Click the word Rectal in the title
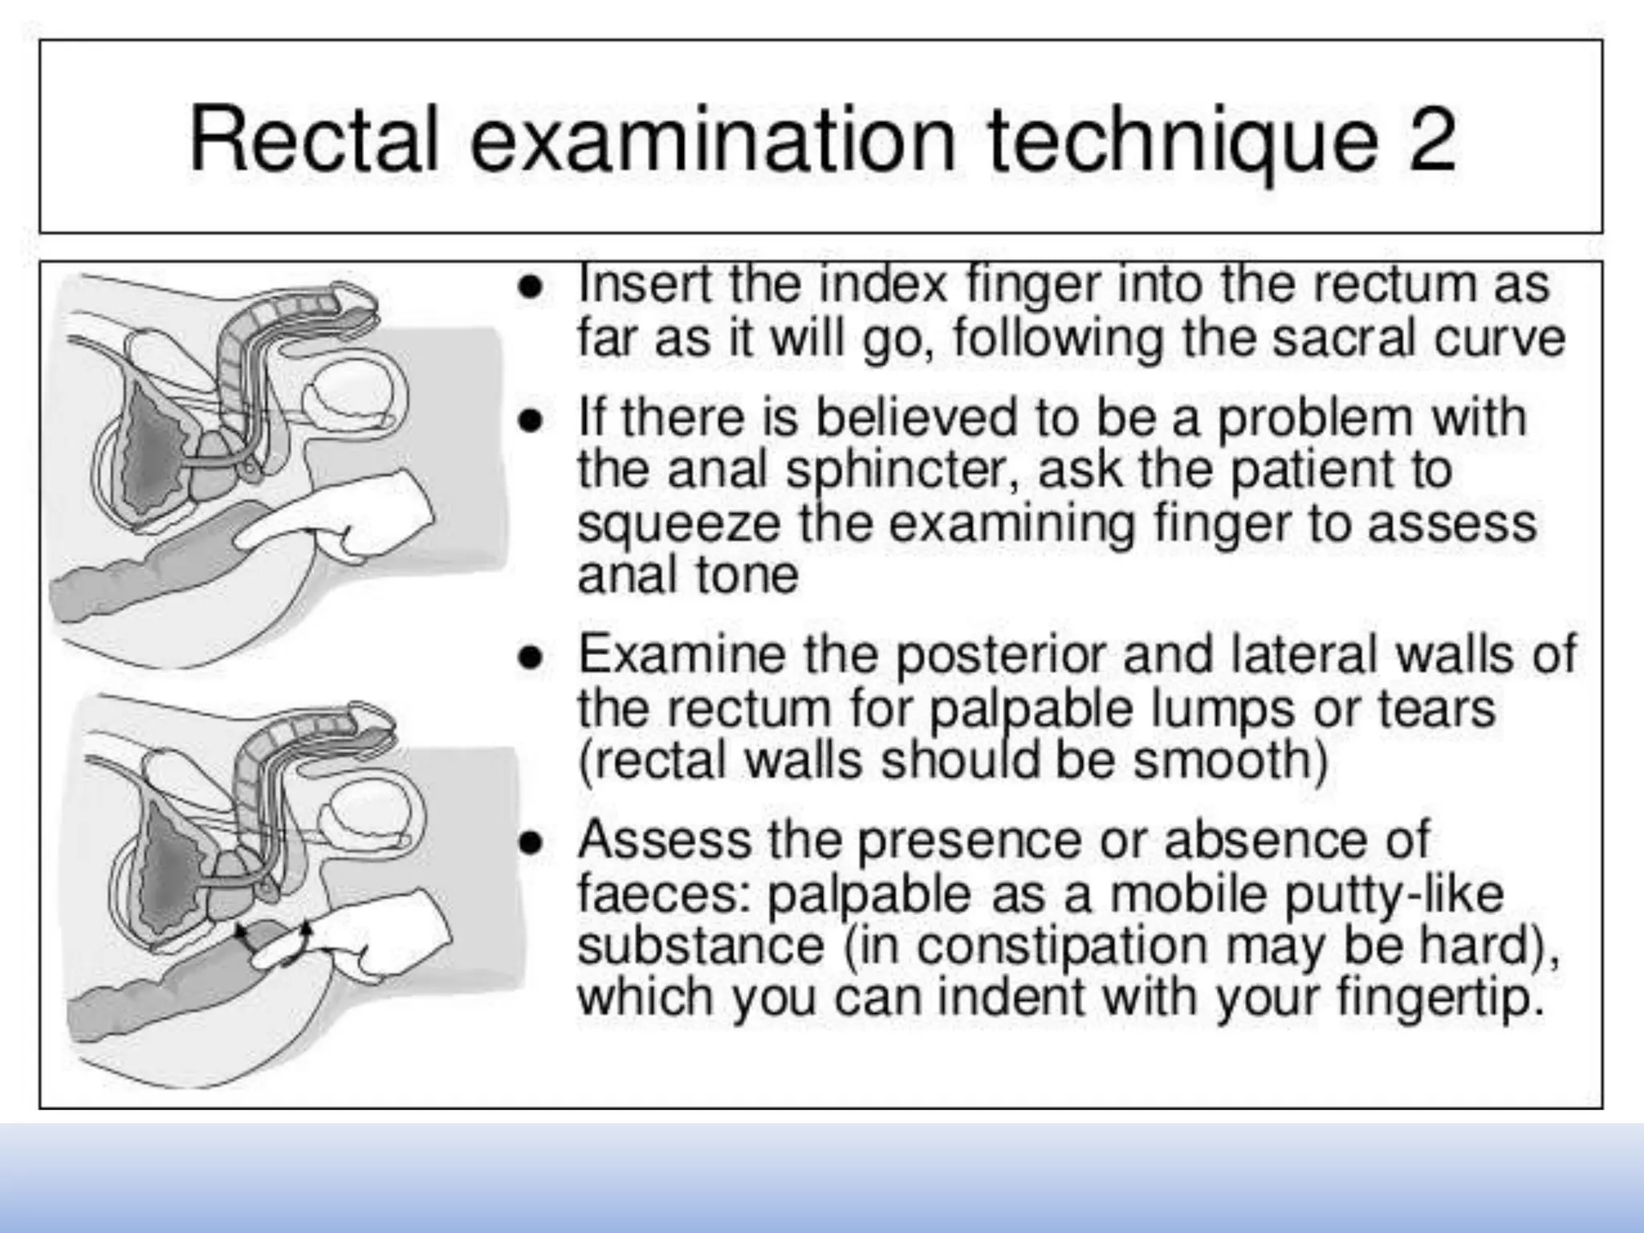(x=314, y=138)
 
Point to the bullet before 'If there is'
(x=529, y=422)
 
